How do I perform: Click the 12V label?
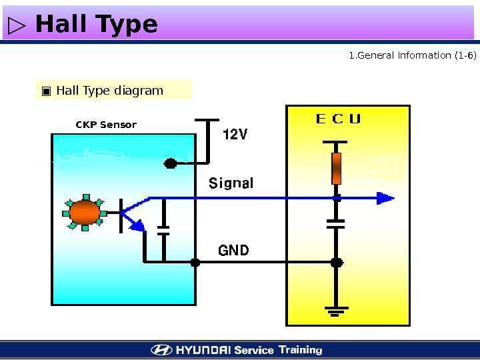235,135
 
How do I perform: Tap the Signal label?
231,183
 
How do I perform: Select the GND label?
233,251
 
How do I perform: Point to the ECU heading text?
338,119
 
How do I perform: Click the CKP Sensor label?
106,125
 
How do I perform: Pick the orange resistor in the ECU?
337,167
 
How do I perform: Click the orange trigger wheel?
85,212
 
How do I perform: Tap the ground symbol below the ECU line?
337,310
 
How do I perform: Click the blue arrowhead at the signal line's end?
385,198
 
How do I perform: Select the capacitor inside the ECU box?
337,223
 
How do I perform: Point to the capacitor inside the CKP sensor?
163,230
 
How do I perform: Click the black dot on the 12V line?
171,163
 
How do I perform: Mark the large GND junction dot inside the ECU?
337,263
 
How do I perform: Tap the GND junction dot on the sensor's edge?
195,263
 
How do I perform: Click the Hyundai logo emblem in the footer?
161,350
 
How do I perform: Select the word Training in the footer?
300,349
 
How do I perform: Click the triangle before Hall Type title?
17,26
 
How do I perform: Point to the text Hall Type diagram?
109,91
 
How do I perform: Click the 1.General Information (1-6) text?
413,55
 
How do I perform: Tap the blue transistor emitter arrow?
137,226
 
